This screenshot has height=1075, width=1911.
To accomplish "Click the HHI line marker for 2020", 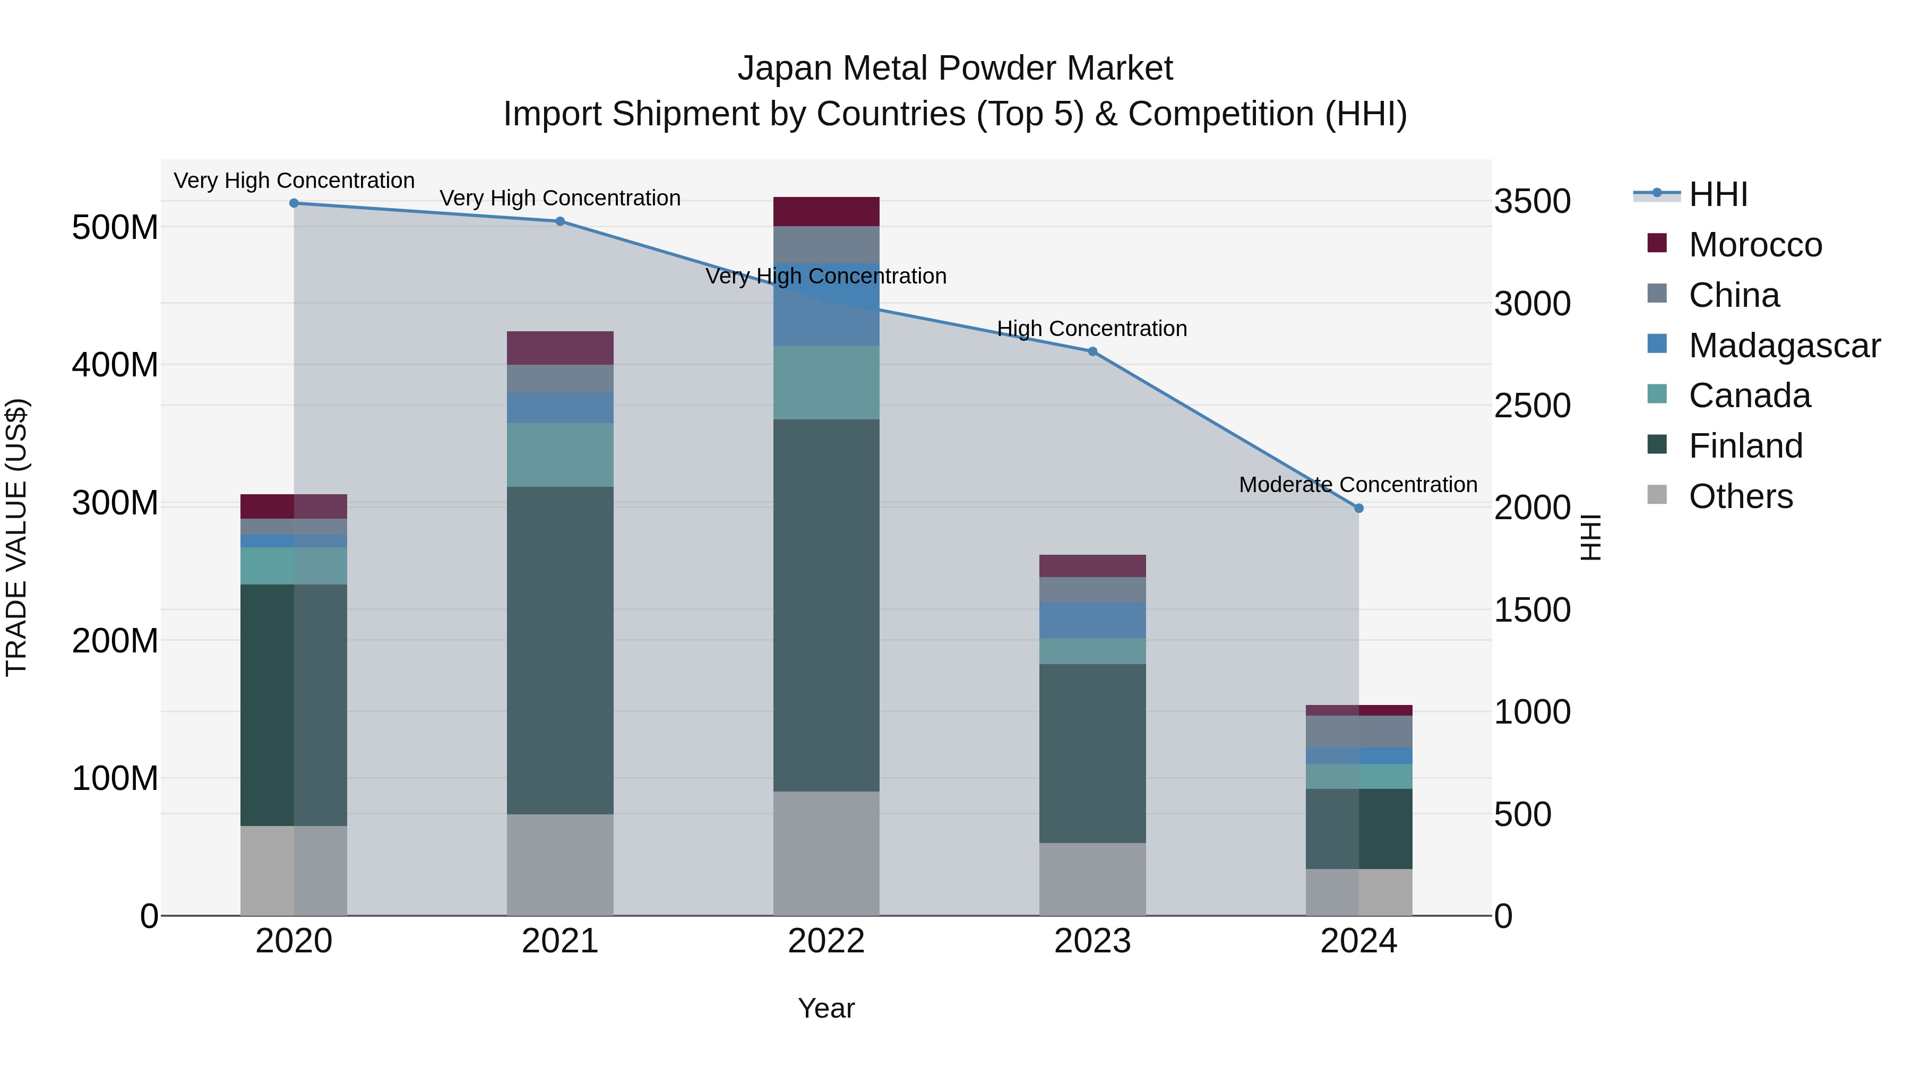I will pyautogui.click(x=294, y=203).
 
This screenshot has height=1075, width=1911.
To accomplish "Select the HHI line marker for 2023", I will pyautogui.click(x=1092, y=351).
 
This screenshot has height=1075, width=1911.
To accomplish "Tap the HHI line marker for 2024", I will pyautogui.click(x=1358, y=508).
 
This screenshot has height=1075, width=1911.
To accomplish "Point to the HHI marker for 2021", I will pyautogui.click(x=560, y=221).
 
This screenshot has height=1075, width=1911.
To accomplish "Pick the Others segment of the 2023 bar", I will pyautogui.click(x=1092, y=879).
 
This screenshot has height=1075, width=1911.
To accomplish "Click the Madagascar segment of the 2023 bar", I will pyautogui.click(x=1092, y=620).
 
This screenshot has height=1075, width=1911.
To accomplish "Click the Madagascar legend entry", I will pyautogui.click(x=1784, y=346).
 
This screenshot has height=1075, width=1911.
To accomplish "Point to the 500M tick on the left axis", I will pyautogui.click(x=115, y=227).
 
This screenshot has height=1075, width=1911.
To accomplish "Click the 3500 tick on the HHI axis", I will pyautogui.click(x=1532, y=202).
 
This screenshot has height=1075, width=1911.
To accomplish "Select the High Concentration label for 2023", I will pyautogui.click(x=1091, y=329).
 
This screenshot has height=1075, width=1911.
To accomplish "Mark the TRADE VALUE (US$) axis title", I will pyautogui.click(x=16, y=537).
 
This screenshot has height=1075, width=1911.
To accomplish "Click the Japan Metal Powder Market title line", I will pyautogui.click(x=955, y=68).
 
